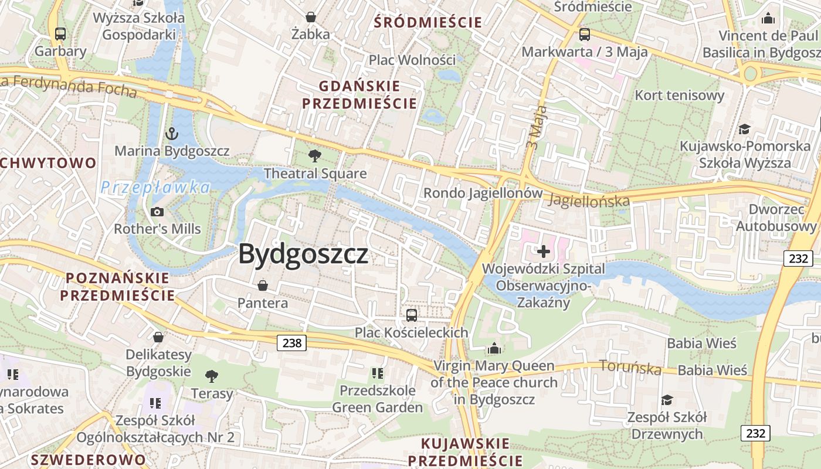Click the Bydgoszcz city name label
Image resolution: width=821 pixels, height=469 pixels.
click(303, 254)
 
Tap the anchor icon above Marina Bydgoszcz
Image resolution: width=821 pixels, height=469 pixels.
click(171, 134)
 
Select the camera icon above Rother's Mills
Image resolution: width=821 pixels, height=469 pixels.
click(157, 212)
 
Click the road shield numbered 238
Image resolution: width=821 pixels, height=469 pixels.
click(291, 342)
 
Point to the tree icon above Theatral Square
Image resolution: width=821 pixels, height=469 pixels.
click(315, 156)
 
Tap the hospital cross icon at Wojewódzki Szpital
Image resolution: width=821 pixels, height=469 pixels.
click(544, 252)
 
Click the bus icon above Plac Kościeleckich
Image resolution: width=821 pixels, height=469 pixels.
click(412, 315)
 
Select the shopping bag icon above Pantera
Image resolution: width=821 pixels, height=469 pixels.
click(263, 286)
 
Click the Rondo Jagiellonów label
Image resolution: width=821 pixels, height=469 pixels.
click(483, 193)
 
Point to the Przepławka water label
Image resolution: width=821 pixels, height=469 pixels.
click(155, 188)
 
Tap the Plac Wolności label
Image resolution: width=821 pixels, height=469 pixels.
click(412, 60)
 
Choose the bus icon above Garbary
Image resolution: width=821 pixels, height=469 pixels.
click(60, 34)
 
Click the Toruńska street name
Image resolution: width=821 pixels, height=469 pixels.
click(630, 368)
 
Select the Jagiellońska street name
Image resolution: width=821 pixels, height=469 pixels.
click(589, 200)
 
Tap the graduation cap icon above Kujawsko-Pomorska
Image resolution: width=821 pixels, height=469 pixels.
click(744, 129)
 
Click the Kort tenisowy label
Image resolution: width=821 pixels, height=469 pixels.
click(680, 95)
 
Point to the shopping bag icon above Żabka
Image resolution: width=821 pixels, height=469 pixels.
click(311, 17)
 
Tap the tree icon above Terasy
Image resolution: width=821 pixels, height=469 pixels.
click(211, 376)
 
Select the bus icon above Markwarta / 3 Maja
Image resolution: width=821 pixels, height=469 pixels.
click(585, 34)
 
